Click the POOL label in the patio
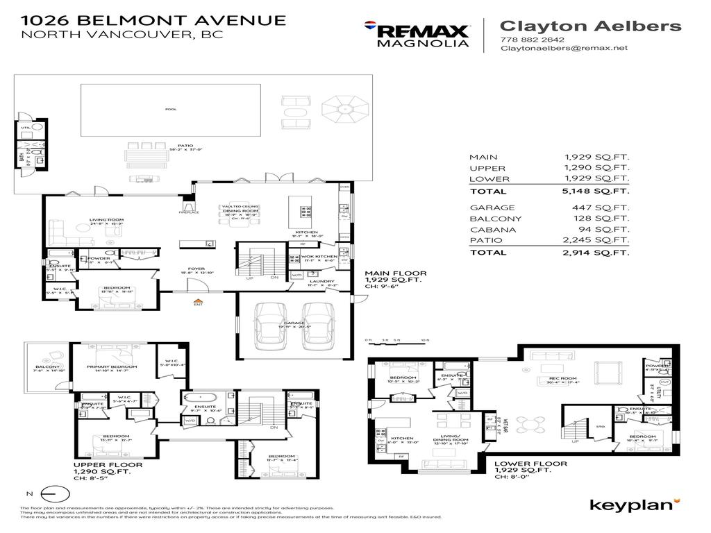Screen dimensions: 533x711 (x=171, y=110)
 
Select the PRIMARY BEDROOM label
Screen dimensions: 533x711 (x=112, y=366)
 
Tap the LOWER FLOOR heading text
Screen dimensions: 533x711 (x=530, y=464)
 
